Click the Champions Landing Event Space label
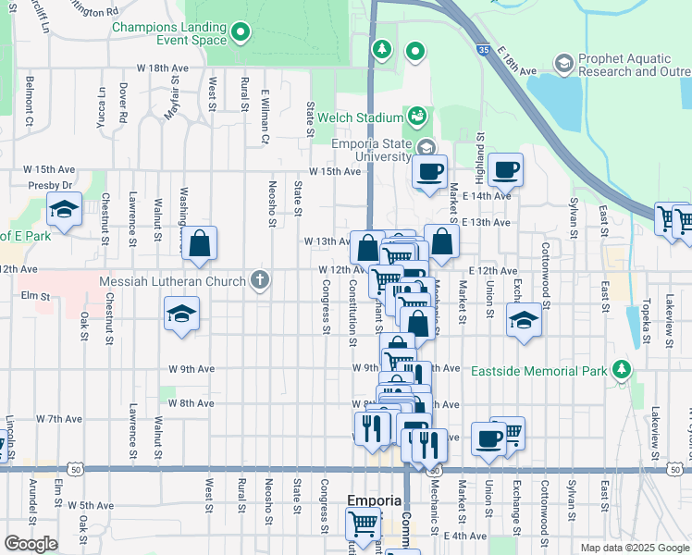click(168, 34)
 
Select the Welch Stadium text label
click(360, 117)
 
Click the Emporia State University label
click(371, 150)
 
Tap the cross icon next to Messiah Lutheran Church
click(261, 280)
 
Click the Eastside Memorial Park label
click(538, 371)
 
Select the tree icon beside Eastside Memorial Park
click(622, 371)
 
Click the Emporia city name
click(374, 500)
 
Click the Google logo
click(31, 543)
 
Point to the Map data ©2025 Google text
click(634, 548)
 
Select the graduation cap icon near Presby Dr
click(64, 210)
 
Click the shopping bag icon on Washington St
click(199, 245)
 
